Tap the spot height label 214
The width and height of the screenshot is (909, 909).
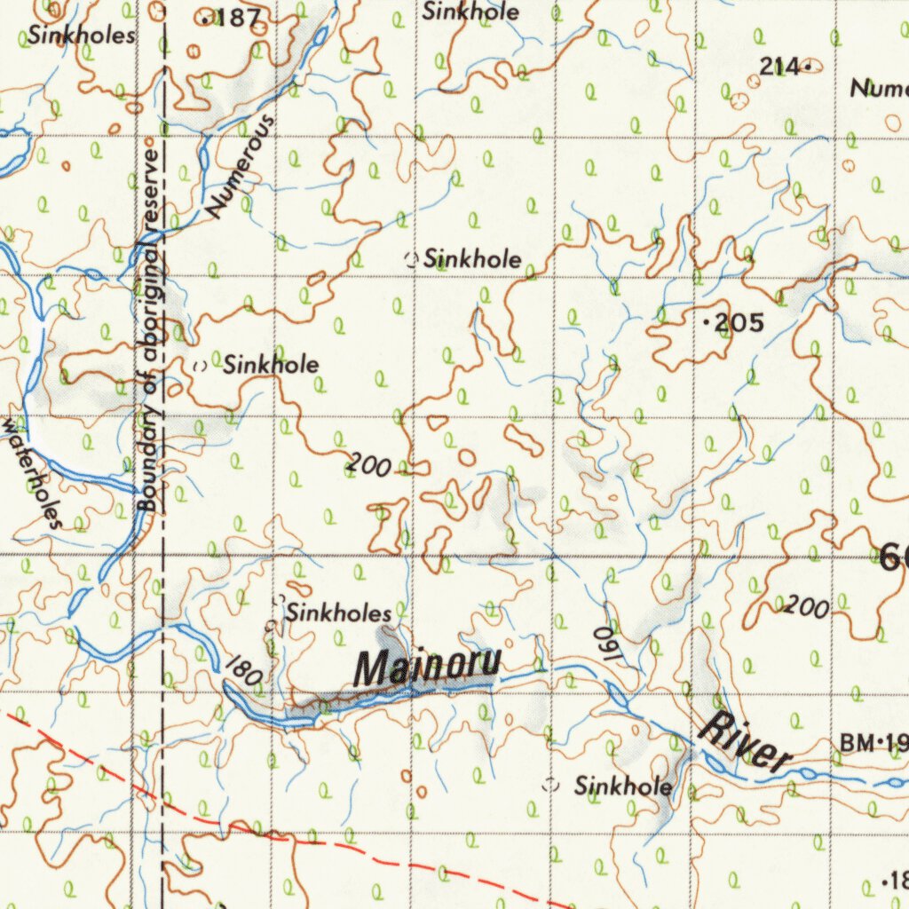(779, 66)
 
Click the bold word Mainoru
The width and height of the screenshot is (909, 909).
(428, 666)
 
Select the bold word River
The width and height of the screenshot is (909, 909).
(744, 742)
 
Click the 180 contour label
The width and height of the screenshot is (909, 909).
(242, 672)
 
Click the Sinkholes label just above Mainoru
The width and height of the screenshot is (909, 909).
(338, 613)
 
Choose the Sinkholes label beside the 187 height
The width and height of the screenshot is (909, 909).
(82, 36)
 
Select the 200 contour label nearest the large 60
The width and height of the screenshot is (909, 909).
(806, 607)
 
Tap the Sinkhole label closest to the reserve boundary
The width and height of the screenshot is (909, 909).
(270, 364)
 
